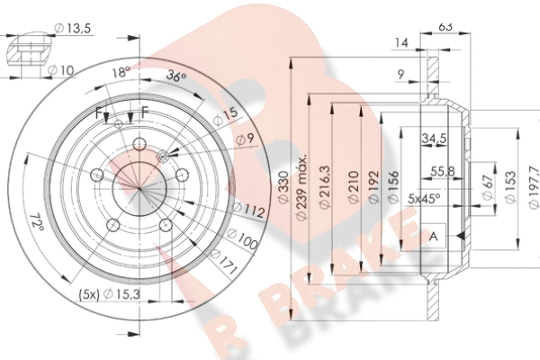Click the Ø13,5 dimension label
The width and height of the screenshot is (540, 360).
click(73, 28)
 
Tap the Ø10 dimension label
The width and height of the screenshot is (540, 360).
click(60, 70)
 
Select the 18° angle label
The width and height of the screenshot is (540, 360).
click(121, 72)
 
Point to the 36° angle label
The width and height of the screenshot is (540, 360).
click(176, 76)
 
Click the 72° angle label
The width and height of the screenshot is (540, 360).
click(37, 222)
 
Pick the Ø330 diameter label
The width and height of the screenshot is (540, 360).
click(283, 187)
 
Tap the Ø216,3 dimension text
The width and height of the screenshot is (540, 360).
click(324, 187)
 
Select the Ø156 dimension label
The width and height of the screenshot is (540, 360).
click(393, 187)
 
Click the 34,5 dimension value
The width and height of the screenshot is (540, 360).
click(434, 139)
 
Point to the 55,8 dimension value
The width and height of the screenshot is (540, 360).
click(443, 171)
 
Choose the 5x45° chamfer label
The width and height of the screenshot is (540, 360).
click(424, 199)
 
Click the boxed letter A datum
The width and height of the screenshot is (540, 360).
click(434, 237)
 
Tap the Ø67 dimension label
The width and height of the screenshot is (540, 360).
click(487, 187)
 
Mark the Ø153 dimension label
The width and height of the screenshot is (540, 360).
click(510, 187)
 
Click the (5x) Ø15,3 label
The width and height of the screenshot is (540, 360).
click(110, 294)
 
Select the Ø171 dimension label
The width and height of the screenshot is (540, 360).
click(223, 262)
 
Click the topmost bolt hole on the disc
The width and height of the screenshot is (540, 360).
click(139, 144)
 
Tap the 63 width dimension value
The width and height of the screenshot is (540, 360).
click(445, 26)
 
